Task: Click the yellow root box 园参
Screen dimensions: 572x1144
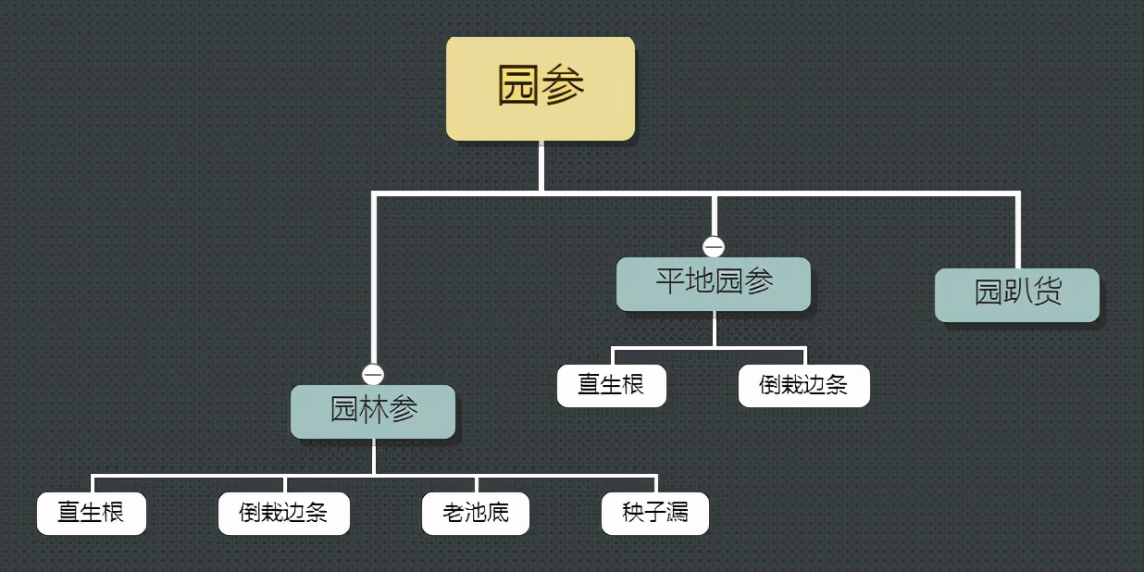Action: point(541,89)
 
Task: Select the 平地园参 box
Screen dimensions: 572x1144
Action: point(714,283)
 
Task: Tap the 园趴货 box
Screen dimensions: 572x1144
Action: point(1016,294)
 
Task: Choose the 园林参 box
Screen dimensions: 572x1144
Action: point(373,411)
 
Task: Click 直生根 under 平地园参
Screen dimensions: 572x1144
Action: point(611,385)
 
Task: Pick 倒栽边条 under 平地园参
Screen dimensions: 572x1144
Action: point(803,385)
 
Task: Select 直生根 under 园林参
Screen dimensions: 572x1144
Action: point(91,513)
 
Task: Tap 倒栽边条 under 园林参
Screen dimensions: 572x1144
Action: point(283,513)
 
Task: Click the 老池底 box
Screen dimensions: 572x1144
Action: point(476,513)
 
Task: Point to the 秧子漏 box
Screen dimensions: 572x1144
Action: point(655,513)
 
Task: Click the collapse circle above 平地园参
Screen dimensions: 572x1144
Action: point(714,247)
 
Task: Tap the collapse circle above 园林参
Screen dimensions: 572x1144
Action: point(373,374)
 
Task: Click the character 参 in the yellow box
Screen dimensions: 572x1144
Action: point(564,87)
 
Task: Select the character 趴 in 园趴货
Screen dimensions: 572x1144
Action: point(1017,293)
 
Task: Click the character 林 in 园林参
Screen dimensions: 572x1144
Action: point(373,410)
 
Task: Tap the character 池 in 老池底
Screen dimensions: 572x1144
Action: point(476,513)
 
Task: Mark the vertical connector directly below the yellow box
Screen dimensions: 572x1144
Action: point(541,167)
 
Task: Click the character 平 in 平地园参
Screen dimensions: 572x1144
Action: point(670,282)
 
